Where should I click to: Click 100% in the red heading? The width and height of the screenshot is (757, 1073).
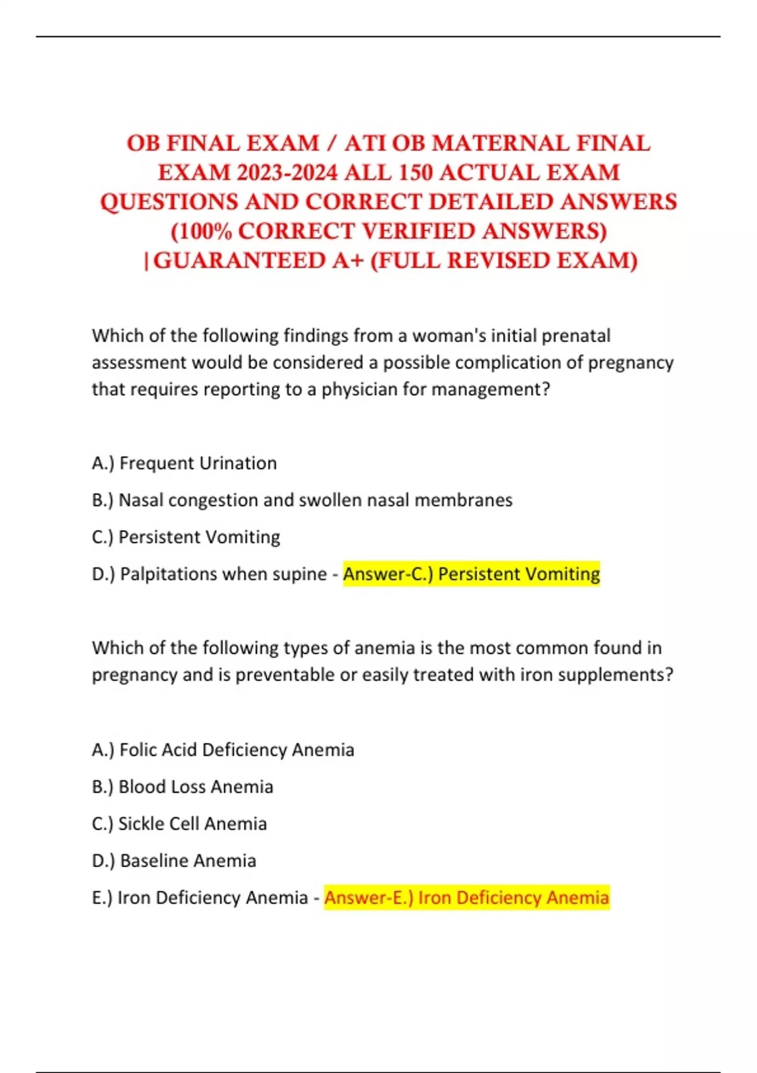pos(201,232)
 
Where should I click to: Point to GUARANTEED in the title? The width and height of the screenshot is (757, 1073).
pos(259,261)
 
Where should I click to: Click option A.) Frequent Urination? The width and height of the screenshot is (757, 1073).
pos(184,463)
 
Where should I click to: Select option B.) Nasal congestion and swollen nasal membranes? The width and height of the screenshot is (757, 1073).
pos(302,500)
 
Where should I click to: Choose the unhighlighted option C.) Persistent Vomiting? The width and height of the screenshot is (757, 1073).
pos(185,537)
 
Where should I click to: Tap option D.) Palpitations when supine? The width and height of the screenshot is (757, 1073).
pos(208,574)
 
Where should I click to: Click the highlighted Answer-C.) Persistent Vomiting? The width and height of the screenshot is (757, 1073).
pos(471,574)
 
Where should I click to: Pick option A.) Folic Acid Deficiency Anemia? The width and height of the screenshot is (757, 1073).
pos(223,750)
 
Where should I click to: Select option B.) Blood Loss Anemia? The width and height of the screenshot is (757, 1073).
pos(182,786)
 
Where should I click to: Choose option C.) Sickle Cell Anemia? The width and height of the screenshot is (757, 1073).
pos(179,824)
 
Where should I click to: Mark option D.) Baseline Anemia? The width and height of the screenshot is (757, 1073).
pos(173,860)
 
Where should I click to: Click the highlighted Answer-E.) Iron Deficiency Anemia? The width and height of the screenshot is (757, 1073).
pos(467,898)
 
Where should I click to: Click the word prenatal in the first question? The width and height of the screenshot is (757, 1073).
pos(576,335)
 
